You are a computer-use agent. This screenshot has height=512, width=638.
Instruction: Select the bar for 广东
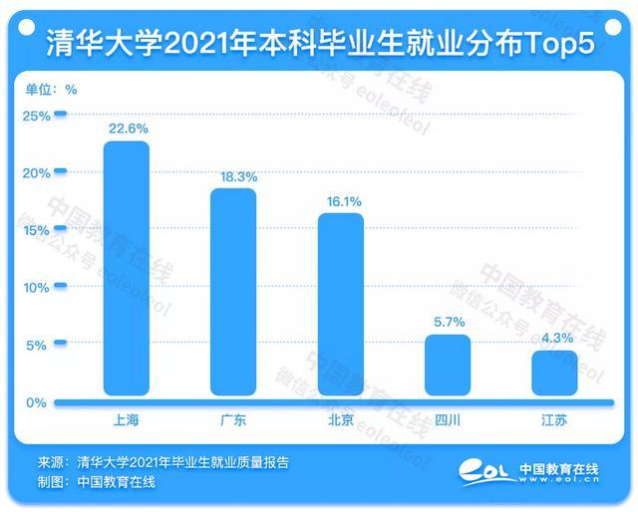tap(233, 293)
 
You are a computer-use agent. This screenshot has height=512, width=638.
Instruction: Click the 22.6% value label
tap(127, 128)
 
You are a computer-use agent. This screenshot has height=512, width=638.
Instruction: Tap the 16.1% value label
tap(342, 201)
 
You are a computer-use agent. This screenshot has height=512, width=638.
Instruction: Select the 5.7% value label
tap(448, 323)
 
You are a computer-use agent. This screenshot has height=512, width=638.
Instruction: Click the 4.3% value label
tap(556, 338)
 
